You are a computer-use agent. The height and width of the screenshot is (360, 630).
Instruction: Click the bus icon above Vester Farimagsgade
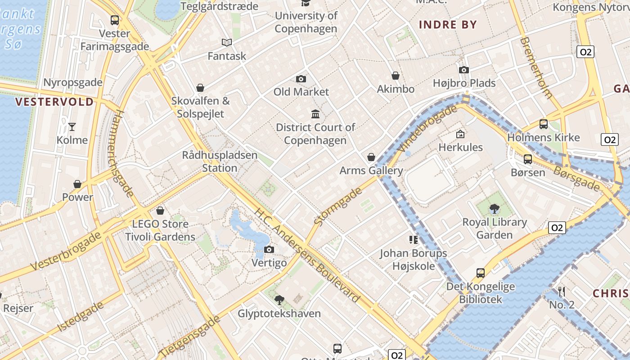115,20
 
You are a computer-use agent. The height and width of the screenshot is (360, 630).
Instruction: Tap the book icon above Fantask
227,43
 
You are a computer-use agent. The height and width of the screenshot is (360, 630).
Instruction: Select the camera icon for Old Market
301,79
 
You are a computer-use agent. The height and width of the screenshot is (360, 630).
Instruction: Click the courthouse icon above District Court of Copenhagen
315,114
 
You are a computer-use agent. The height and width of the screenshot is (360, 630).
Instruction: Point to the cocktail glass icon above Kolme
72,127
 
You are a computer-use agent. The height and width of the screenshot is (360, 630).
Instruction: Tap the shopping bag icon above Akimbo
396,76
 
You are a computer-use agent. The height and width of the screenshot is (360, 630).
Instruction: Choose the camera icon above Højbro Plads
464,70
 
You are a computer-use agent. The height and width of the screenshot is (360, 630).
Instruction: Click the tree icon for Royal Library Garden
495,208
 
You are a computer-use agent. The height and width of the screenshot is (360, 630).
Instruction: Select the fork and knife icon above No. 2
562,291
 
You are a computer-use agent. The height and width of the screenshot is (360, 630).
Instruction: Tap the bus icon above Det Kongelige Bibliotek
481,273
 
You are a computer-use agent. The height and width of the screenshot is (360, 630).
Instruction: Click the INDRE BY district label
448,25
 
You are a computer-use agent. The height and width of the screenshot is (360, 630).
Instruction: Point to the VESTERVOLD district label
54,102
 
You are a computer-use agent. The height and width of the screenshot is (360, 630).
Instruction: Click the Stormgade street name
338,207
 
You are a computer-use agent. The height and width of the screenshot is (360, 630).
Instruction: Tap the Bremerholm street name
535,67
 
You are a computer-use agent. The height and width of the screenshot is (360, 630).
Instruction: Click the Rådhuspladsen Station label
220,162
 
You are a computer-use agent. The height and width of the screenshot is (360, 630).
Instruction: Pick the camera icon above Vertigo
269,250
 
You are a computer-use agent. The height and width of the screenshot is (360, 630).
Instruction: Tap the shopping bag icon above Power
77,184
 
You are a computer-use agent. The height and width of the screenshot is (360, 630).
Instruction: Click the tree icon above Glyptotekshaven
279,300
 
